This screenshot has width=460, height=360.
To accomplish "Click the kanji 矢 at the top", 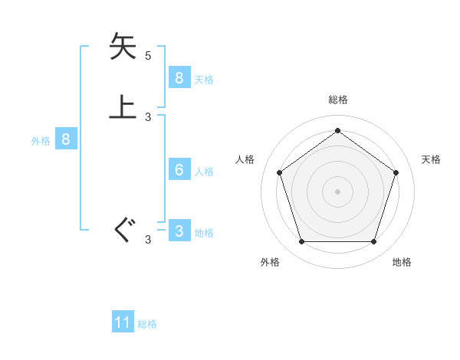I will click(123, 47).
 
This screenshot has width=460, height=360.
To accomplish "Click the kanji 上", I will click(123, 107).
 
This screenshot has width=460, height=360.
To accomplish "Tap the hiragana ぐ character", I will click(123, 231).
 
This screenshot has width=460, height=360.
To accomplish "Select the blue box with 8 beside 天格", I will click(179, 77).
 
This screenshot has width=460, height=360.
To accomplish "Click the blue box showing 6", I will click(179, 169).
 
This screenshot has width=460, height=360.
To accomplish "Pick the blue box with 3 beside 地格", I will click(179, 231).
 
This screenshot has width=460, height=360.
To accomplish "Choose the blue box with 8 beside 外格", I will click(66, 139).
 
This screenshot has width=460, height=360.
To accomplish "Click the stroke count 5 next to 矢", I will click(148, 56).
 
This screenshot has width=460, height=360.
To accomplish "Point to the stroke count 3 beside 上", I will click(148, 117).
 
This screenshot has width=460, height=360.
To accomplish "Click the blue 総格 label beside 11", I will click(147, 324).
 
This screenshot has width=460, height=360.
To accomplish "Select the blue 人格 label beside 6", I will click(204, 171).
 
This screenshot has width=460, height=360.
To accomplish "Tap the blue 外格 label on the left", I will click(41, 141).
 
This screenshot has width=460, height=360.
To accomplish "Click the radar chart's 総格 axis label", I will click(338, 100).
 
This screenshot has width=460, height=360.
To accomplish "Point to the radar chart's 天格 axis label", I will click(432, 159).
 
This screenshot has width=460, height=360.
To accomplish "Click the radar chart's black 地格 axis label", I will click(402, 262).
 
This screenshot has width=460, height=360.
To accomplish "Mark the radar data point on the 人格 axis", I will click(280, 172).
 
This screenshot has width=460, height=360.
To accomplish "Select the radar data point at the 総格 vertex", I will click(338, 130).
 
